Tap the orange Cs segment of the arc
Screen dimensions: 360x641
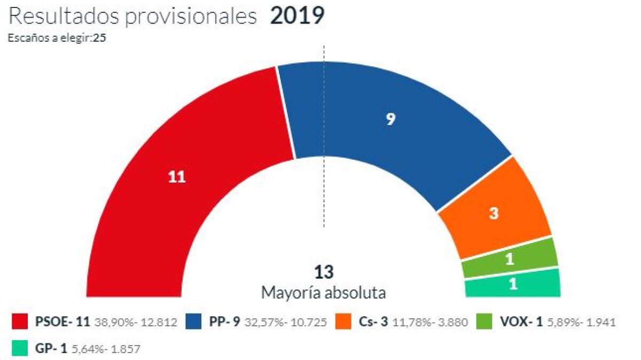[x=494, y=214]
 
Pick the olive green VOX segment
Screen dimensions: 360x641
[x=510, y=259]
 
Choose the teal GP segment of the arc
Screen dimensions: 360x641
[x=513, y=283]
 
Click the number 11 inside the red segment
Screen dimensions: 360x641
[x=177, y=177]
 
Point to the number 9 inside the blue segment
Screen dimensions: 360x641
[x=390, y=120]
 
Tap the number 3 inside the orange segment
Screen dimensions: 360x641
[x=494, y=214]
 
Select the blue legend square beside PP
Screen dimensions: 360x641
[x=193, y=322]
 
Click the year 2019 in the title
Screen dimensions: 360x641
[x=297, y=16]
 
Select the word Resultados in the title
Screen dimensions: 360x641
[x=64, y=16]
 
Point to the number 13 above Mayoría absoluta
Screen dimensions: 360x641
[x=324, y=272]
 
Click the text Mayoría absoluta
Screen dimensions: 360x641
[x=324, y=293]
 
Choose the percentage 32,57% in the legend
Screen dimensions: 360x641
[x=264, y=323]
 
